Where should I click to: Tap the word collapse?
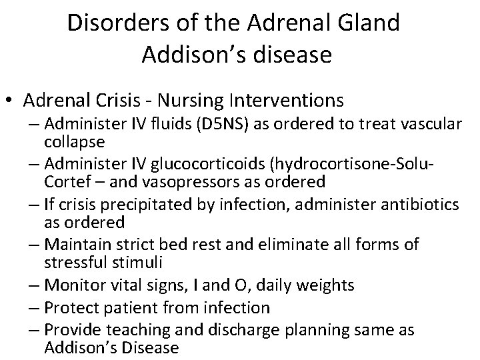click(75, 143)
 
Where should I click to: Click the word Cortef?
click(69, 181)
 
